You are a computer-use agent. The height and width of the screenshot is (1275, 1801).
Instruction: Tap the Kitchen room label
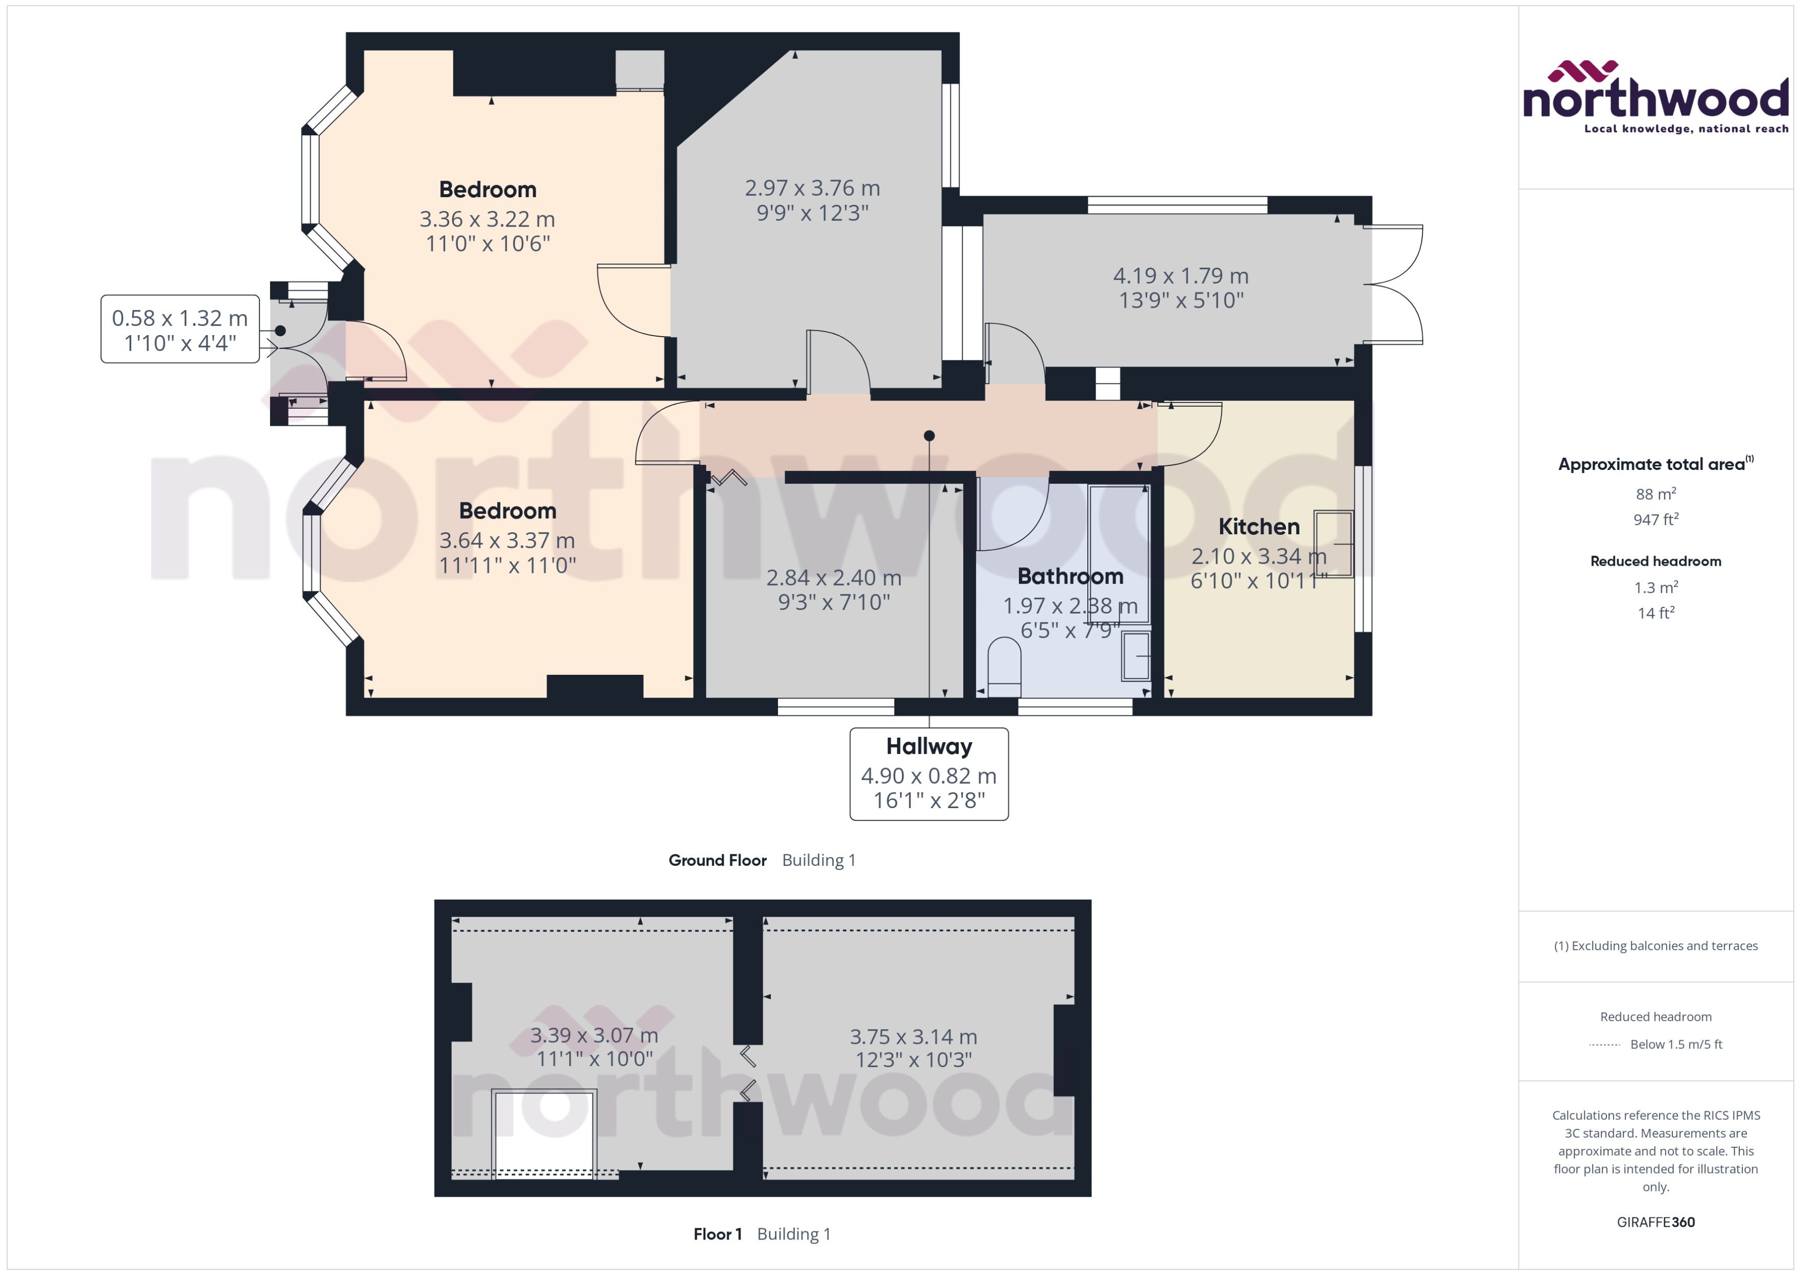coord(1258,527)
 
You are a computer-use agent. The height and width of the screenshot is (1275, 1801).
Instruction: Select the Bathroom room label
coord(1070,577)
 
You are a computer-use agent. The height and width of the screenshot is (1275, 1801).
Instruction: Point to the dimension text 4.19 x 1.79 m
coord(1180,275)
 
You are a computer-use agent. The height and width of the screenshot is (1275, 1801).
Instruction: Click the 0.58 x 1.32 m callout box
coord(180,329)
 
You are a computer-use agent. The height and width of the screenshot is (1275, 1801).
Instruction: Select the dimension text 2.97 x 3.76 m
coord(811,188)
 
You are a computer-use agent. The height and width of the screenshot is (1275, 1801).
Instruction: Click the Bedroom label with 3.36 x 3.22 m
coord(487,189)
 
